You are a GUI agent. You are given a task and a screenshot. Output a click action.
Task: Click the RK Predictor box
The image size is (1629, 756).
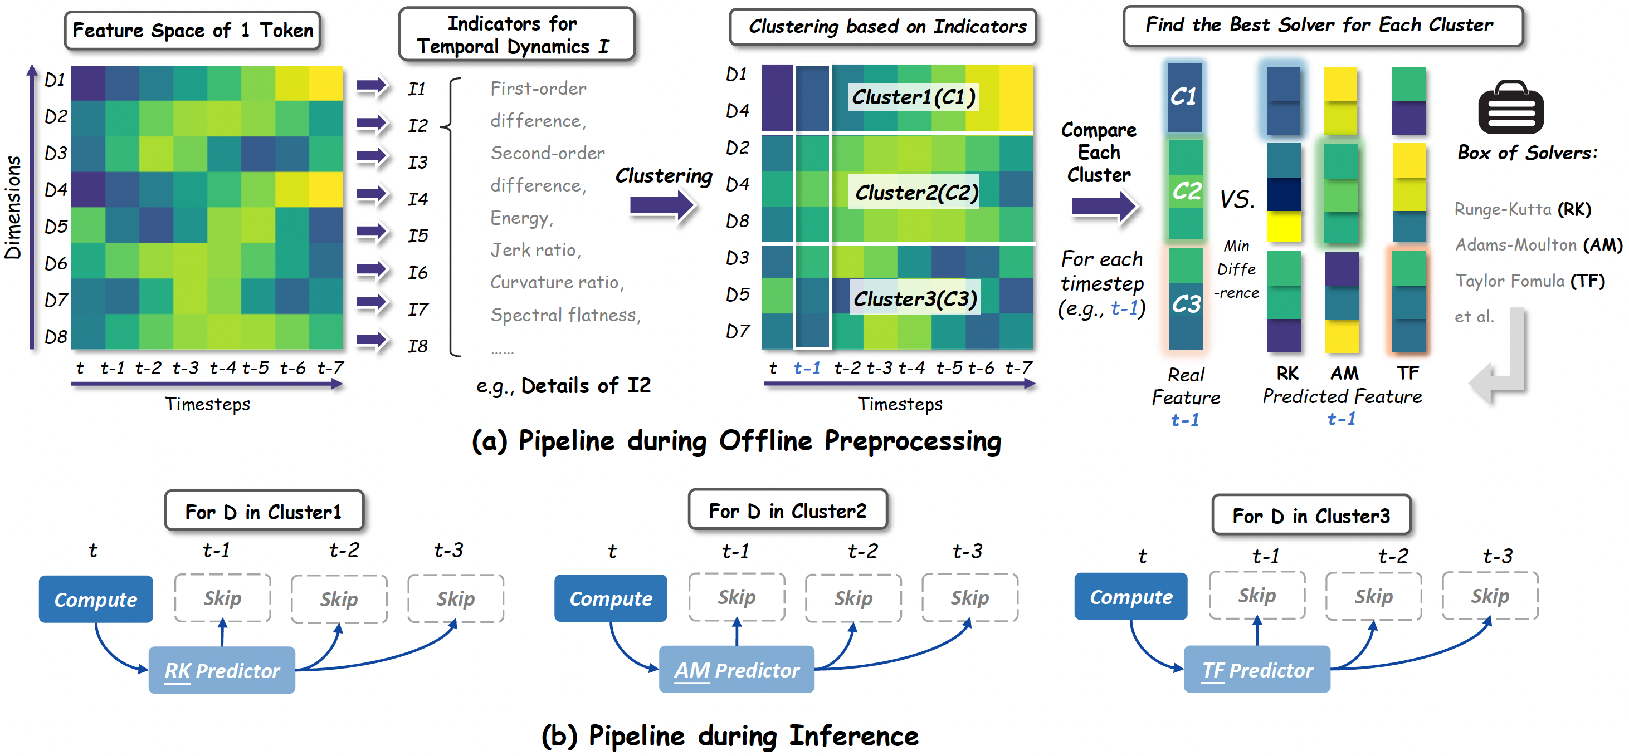221,670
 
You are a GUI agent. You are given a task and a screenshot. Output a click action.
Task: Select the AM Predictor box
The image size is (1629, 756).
736,669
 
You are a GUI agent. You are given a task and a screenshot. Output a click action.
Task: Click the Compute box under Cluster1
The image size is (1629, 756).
95,598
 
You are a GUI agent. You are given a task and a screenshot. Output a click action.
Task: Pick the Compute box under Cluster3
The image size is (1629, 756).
1131,596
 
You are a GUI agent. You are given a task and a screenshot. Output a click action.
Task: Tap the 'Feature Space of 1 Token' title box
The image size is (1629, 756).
192,30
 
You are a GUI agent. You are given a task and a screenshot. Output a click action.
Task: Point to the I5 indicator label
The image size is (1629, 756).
417,236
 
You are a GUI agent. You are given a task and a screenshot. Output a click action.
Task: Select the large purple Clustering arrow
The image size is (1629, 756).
662,205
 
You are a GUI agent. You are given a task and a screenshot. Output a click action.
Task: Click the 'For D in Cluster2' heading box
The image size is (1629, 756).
787,510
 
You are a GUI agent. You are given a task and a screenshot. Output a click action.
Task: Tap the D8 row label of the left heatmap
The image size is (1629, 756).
56,336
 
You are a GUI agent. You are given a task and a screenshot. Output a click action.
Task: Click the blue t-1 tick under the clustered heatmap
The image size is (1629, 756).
806,368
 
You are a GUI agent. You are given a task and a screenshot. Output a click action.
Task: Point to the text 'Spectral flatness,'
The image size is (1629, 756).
565,315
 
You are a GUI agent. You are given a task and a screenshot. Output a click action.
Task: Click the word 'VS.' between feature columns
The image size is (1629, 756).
1236,200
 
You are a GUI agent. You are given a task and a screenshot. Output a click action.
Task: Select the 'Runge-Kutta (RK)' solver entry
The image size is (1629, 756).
1522,209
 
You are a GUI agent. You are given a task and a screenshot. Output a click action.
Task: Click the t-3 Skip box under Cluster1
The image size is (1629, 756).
455,598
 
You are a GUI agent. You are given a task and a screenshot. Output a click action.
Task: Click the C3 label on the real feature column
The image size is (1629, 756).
1186,304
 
